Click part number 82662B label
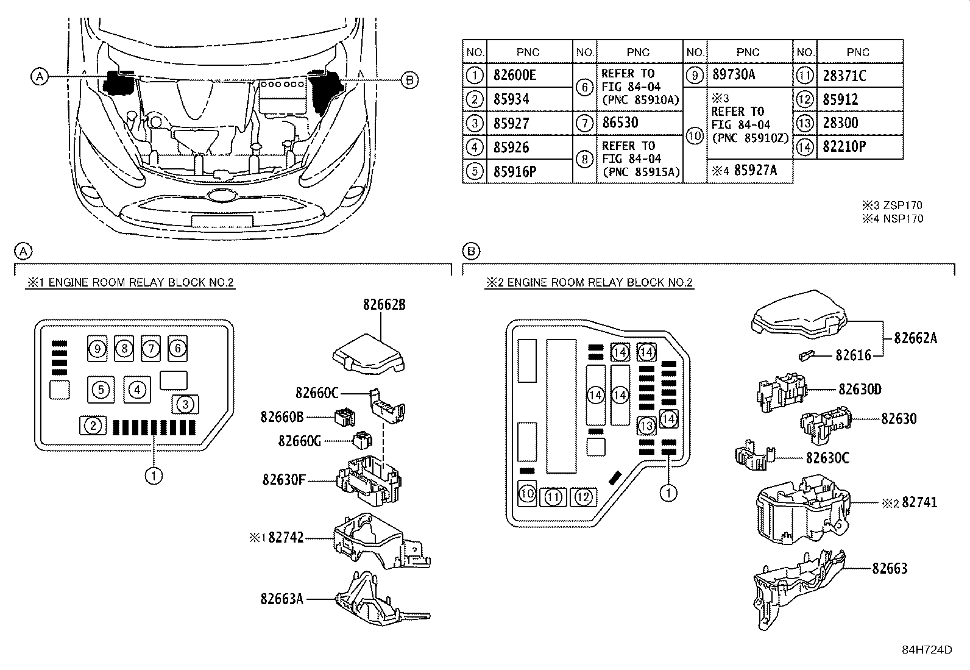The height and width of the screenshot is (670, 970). coord(384,305)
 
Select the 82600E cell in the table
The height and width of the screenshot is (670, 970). coord(515,76)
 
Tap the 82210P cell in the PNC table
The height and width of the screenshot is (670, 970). coord(844,147)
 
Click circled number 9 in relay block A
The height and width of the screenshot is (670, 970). coord(97,349)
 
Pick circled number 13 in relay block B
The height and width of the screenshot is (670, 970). coord(646,426)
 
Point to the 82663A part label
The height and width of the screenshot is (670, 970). coord(281,599)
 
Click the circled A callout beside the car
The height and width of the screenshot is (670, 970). coord(39,77)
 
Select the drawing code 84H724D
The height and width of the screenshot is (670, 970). coord(927,650)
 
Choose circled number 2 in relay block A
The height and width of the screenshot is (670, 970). coord(93,425)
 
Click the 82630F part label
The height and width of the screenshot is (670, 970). coord(284,480)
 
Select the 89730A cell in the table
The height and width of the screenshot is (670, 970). coord(734,75)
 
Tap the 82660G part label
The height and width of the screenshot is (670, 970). coord(299,441)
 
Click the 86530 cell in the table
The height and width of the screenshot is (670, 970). coord(620,123)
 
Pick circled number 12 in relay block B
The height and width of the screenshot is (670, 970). coord(584,497)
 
